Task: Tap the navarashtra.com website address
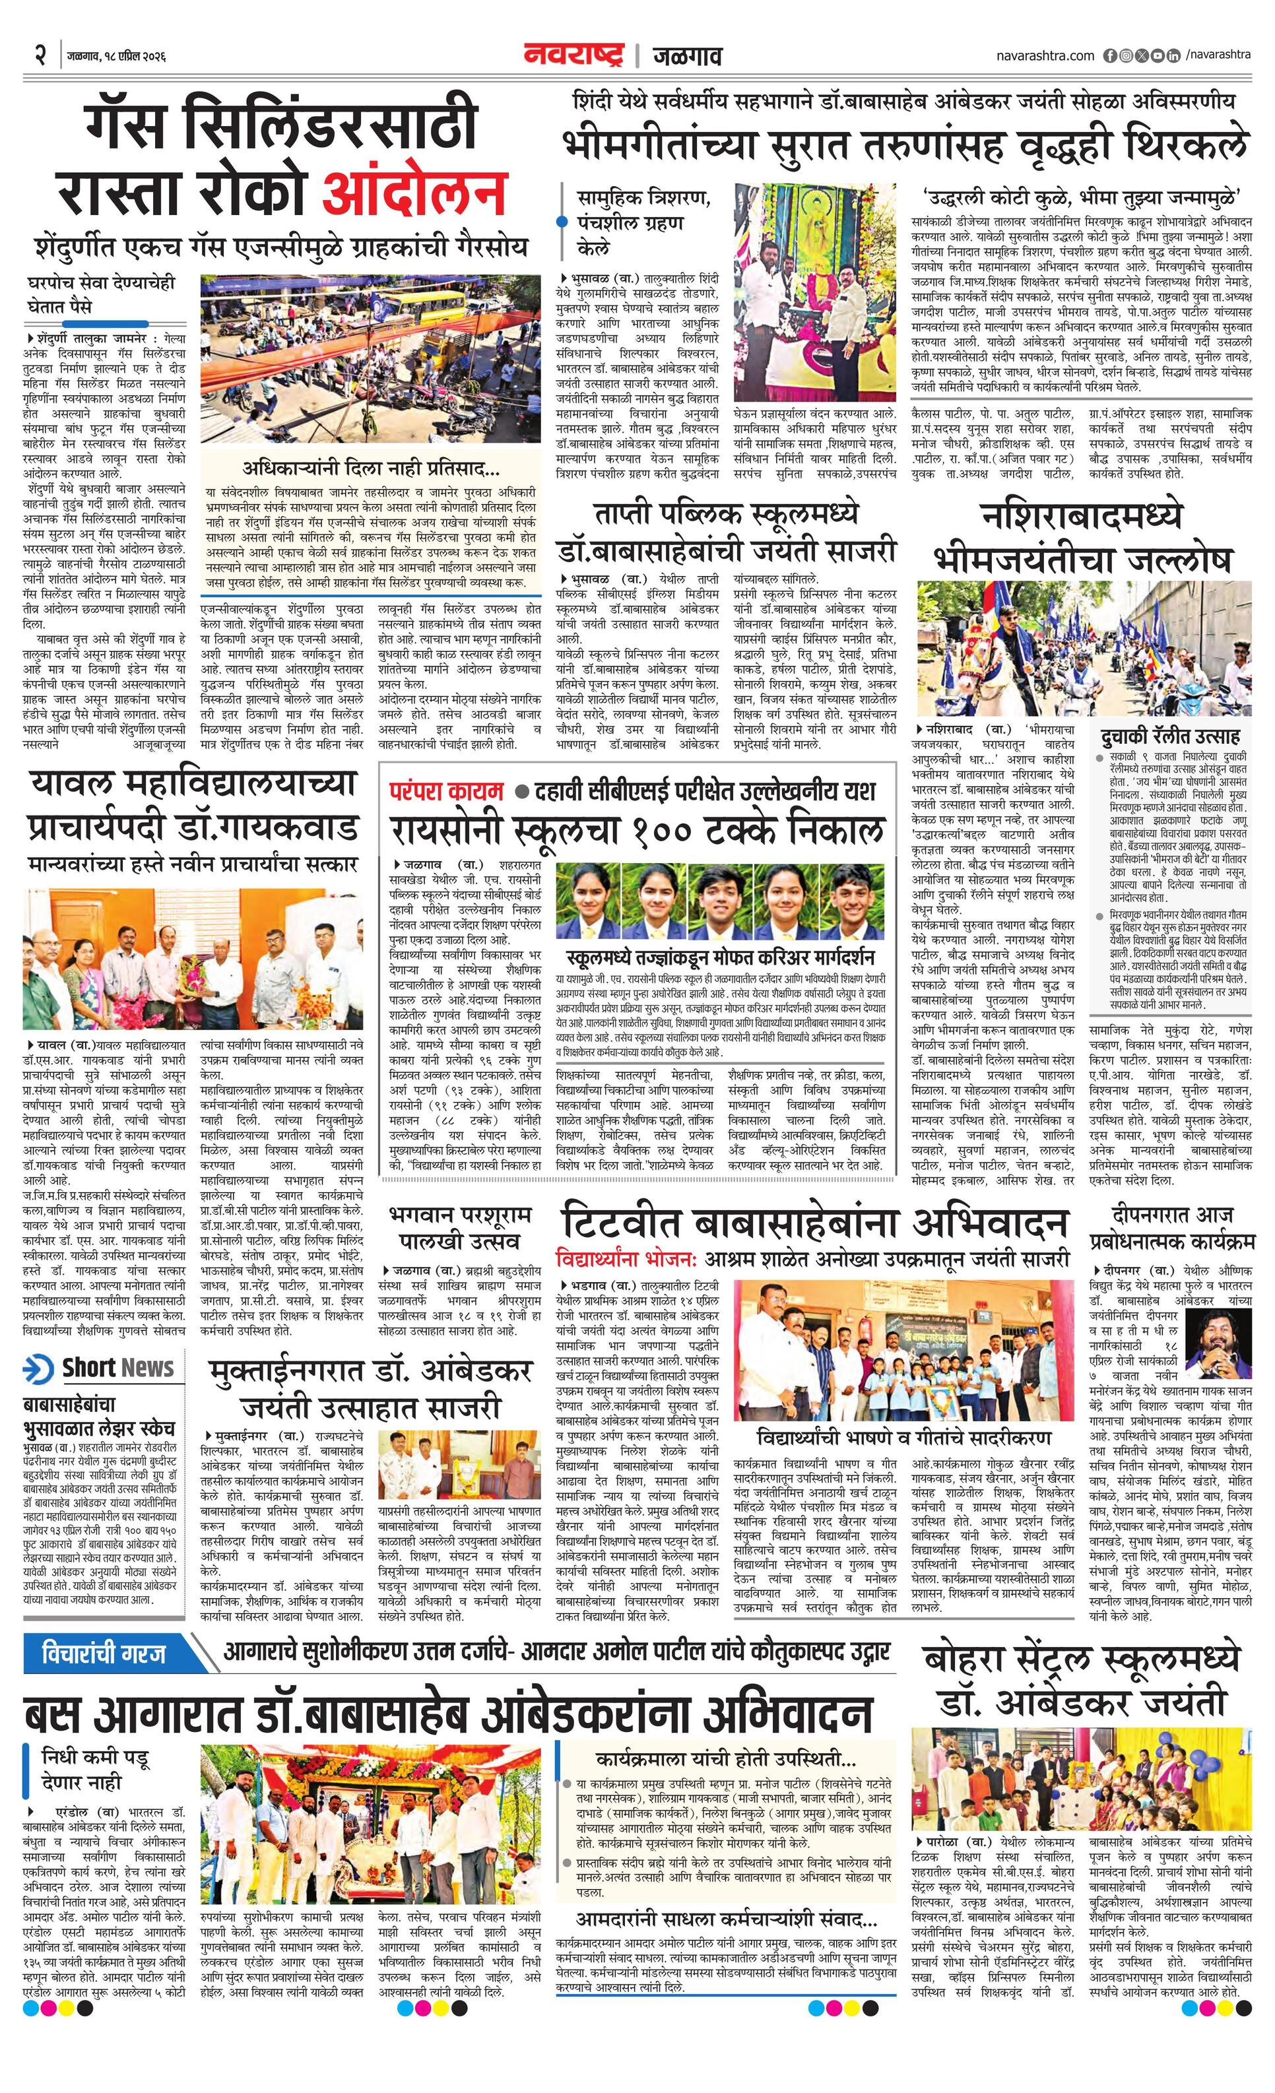1045,55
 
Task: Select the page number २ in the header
40,56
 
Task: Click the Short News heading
117,1368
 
